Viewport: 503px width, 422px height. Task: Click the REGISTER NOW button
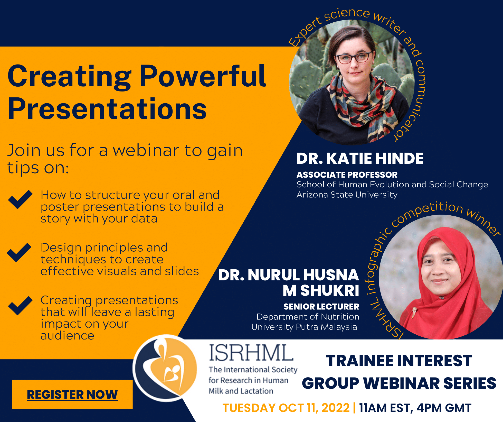(72, 394)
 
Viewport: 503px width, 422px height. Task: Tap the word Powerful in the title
(203, 76)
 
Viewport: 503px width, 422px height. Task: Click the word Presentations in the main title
(107, 109)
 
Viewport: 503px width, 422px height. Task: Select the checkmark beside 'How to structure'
(20, 199)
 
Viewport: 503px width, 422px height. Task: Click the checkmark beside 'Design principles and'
(19, 252)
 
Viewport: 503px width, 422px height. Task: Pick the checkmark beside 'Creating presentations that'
(20, 306)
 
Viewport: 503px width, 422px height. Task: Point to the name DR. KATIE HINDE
(360, 158)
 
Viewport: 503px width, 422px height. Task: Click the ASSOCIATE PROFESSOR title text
(347, 175)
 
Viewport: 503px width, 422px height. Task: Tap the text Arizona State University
(347, 195)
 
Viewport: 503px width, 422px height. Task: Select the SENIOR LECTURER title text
(321, 307)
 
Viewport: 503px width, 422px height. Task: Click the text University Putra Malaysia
(304, 327)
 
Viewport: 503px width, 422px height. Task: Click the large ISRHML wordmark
(251, 353)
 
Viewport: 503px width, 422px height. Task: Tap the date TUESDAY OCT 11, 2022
(286, 408)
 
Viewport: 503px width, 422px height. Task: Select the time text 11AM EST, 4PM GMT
(415, 408)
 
